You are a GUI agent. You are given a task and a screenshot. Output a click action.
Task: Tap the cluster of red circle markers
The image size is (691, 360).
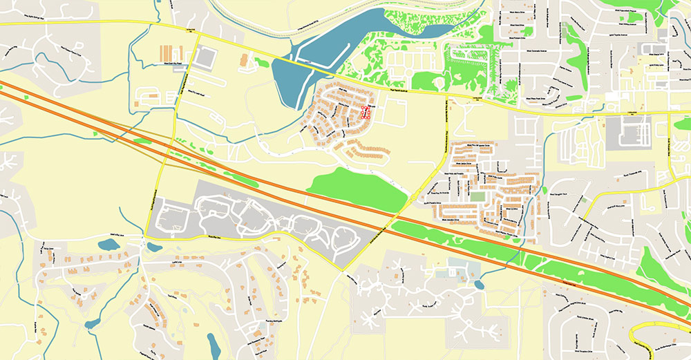(366, 113)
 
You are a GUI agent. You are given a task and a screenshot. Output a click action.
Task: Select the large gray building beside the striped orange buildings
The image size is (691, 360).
(204, 58)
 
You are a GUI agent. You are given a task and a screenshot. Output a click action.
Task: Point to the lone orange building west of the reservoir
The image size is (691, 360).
(245, 60)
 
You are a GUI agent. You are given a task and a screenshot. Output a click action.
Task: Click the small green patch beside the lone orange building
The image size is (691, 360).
(261, 62)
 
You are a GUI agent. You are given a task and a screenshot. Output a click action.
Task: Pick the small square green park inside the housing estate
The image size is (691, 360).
(477, 197)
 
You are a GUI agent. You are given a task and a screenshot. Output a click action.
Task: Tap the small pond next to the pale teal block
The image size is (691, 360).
(480, 284)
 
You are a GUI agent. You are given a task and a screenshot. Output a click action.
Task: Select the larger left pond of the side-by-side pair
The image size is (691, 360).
(108, 245)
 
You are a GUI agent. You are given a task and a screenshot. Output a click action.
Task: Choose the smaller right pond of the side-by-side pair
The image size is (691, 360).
(155, 247)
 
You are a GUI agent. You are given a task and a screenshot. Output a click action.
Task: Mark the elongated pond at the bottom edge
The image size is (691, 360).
(214, 344)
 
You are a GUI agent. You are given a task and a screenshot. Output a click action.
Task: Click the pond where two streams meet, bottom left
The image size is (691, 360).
(92, 323)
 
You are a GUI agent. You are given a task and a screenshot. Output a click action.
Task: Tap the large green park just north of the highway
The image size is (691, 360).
(356, 188)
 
